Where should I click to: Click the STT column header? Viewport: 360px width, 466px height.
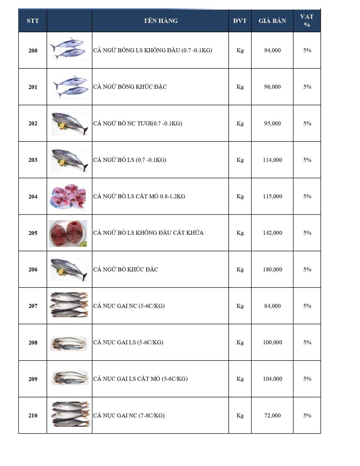(x=33, y=21)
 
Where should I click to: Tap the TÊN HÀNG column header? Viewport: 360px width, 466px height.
(x=160, y=21)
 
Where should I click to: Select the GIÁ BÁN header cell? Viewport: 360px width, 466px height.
(x=272, y=21)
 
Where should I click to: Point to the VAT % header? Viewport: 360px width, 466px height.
(x=307, y=21)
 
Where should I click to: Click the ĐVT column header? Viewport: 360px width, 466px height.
(x=240, y=21)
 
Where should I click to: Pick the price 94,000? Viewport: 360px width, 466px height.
(x=272, y=50)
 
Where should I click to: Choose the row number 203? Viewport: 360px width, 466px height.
(x=33, y=160)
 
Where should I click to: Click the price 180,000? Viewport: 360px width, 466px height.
(x=272, y=269)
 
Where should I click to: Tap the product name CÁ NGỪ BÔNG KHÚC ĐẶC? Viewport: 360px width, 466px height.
(x=130, y=87)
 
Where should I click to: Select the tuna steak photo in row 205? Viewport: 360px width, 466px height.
(x=68, y=233)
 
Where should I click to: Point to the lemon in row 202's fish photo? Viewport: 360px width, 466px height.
(x=62, y=126)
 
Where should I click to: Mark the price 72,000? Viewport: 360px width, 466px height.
(x=272, y=415)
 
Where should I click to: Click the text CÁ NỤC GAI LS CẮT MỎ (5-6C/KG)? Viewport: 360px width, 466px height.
(x=140, y=379)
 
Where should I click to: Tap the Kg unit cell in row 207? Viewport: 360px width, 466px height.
(x=240, y=306)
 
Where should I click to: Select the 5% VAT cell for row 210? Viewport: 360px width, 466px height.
(x=307, y=415)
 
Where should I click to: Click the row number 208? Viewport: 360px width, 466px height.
(x=33, y=343)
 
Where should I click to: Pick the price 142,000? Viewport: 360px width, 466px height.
(x=272, y=233)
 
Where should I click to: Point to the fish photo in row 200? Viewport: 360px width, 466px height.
(x=68, y=49)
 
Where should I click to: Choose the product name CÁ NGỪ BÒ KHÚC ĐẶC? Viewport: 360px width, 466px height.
(x=126, y=269)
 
